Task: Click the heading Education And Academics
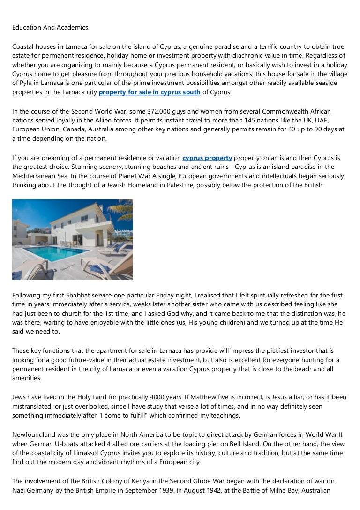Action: pos(50,27)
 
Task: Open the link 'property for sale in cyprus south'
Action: pos(150,92)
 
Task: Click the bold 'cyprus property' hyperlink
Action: pos(207,158)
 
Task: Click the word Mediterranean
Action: pos(35,176)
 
